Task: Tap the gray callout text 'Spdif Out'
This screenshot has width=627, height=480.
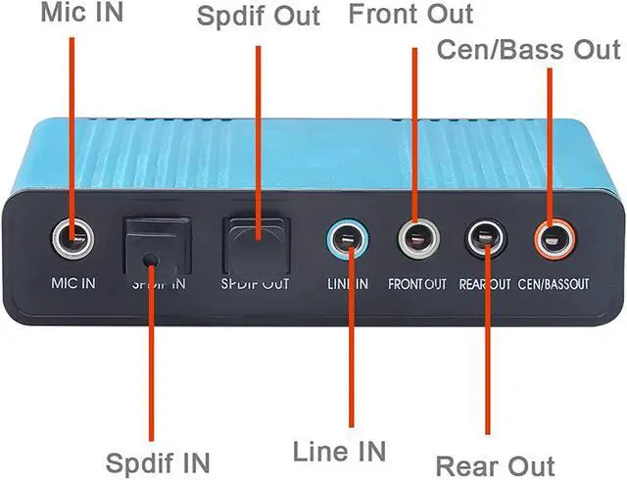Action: [256, 18]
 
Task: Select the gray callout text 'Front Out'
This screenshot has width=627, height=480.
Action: [411, 15]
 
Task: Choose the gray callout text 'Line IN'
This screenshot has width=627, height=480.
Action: [340, 452]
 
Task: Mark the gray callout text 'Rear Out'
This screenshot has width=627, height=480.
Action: [495, 465]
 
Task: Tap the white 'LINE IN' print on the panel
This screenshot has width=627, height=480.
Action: [347, 285]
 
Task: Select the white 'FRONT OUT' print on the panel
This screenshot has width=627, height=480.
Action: [417, 285]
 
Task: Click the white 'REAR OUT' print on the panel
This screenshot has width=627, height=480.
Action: [486, 285]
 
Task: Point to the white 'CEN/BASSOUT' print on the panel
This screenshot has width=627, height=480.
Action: [555, 285]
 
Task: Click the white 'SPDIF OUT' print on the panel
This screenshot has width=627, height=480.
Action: [254, 285]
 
